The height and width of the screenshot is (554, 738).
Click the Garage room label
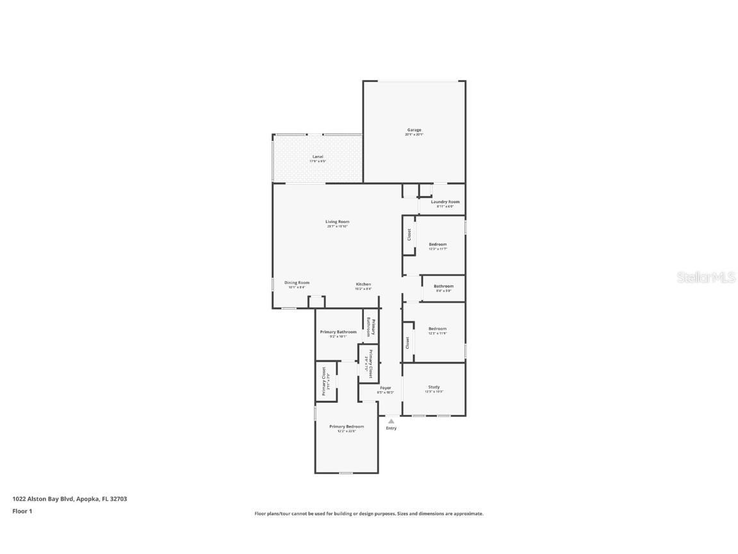click(x=414, y=130)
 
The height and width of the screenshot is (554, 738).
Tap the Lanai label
click(x=318, y=156)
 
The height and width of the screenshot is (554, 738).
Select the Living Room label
click(x=337, y=222)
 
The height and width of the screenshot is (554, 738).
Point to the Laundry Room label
click(x=445, y=202)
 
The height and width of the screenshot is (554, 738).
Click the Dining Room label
click(x=297, y=283)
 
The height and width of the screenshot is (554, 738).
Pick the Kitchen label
click(x=363, y=284)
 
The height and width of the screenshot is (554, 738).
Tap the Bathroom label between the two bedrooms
click(x=443, y=286)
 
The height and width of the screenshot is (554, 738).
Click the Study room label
click(x=434, y=387)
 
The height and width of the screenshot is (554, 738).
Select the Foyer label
click(x=385, y=388)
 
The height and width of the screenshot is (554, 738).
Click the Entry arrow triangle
click(x=391, y=421)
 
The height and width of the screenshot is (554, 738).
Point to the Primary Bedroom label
click(x=347, y=426)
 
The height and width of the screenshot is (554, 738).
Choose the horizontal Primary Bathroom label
click(x=338, y=332)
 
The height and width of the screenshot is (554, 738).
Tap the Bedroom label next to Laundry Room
click(x=438, y=244)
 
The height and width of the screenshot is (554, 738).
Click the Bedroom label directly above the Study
click(x=438, y=329)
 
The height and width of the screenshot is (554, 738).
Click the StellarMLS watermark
click(x=698, y=277)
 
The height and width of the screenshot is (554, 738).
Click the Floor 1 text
click(x=22, y=511)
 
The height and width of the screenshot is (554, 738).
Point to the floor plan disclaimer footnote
click(x=368, y=514)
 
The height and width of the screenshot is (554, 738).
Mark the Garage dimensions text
click(x=414, y=135)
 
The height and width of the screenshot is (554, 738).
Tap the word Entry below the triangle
click(x=391, y=428)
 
